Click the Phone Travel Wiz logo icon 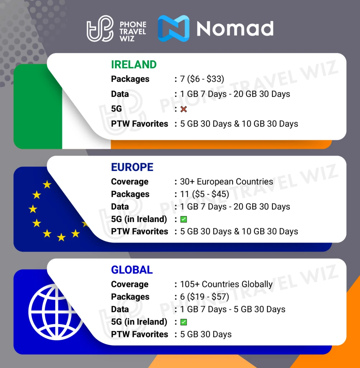coord(100,28)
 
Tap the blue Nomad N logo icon coord(174,28)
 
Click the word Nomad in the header coord(235,28)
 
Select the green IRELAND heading coord(134,65)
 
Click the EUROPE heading coord(132,167)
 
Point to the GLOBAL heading coord(132,270)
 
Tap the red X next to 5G coord(183,109)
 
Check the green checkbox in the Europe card coord(183,219)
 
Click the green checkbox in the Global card coord(183,322)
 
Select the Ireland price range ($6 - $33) coord(206,79)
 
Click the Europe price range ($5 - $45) coord(210,194)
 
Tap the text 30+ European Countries coord(226,181)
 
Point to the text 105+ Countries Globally coord(226,284)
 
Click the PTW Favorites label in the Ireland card coord(140,124)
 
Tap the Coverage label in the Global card coord(130,284)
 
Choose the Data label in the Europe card coord(120,207)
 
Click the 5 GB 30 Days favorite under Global coord(206,334)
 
